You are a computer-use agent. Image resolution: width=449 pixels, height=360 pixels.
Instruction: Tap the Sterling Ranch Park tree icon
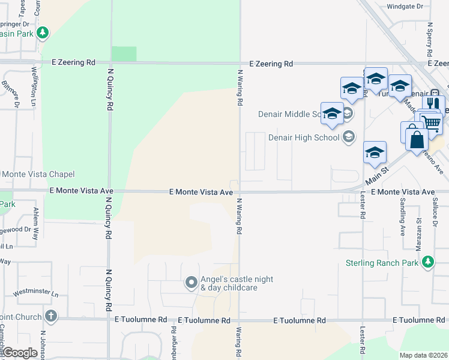[x=427, y=262]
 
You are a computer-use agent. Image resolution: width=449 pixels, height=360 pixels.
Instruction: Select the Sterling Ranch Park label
[x=382, y=263]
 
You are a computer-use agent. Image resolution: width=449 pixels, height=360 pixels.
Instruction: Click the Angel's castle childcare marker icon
[x=191, y=282]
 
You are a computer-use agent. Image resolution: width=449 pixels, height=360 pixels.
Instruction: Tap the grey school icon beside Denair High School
[x=348, y=137]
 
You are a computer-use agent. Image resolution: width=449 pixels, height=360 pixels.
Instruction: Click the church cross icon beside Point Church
[x=52, y=316]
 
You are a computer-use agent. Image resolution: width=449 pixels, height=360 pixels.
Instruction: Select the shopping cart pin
[x=430, y=122]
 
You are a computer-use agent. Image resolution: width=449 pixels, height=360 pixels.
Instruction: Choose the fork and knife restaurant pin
[x=433, y=103]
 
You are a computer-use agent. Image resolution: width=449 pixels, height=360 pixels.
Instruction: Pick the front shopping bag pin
[x=417, y=140]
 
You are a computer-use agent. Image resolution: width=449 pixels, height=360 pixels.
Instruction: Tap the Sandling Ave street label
[x=402, y=217]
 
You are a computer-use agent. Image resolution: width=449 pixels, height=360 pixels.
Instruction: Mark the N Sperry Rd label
[x=430, y=39]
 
